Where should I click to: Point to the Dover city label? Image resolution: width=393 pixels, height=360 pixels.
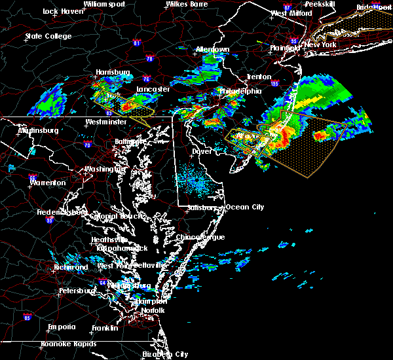201,151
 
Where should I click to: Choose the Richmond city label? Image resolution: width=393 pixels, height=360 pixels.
71,267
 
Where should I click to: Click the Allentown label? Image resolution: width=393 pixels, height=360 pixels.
212,50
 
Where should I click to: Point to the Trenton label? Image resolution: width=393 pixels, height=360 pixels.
259,77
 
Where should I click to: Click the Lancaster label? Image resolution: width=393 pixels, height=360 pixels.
153,89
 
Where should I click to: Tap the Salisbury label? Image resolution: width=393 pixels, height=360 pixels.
200,207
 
